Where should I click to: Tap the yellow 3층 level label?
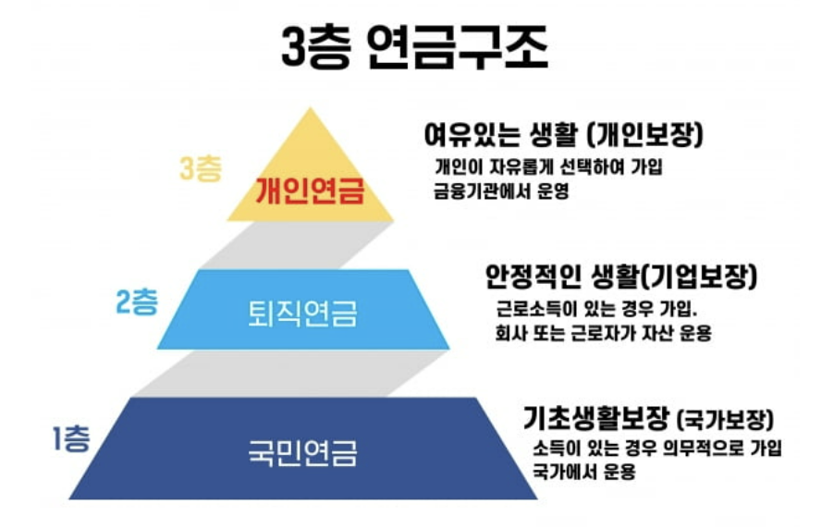(x=201, y=168)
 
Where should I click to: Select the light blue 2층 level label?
(x=137, y=303)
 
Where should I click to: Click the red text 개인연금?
(x=310, y=191)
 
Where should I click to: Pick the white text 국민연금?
(x=303, y=453)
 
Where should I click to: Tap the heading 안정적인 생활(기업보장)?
(x=621, y=275)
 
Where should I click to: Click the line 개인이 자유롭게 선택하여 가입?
(x=550, y=168)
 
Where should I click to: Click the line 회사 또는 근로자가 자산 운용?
(x=603, y=333)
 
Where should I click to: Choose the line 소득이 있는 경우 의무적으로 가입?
(x=657, y=449)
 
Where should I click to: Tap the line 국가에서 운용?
(x=583, y=473)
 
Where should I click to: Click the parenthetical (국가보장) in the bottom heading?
(x=725, y=421)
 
